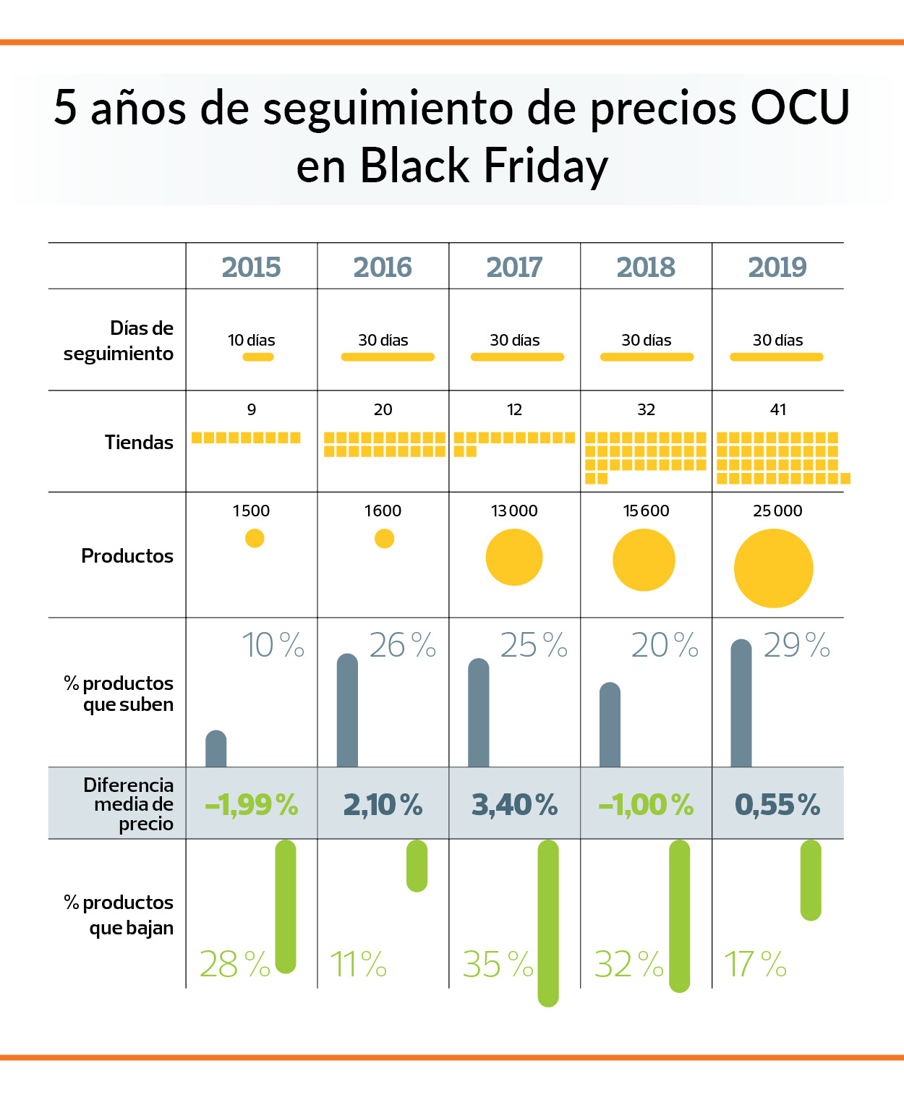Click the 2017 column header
[x=514, y=268]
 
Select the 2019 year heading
[x=777, y=268]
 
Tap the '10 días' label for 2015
[x=252, y=340]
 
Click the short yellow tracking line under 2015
[x=258, y=357]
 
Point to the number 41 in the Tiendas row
[x=777, y=409]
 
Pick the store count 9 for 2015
[x=252, y=409]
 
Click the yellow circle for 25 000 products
[x=774, y=568]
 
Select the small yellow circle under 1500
[x=255, y=538]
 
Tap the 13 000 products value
[x=514, y=511]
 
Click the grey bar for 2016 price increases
[x=347, y=710]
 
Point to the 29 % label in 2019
[x=796, y=645]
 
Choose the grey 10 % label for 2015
[x=273, y=645]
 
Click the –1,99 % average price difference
[x=252, y=804]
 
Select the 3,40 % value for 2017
[x=515, y=804]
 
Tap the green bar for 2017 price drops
[x=548, y=924]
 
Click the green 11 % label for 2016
[x=359, y=964]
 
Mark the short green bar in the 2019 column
[x=811, y=880]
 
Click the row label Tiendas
[x=139, y=443]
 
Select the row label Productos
[x=127, y=556]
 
